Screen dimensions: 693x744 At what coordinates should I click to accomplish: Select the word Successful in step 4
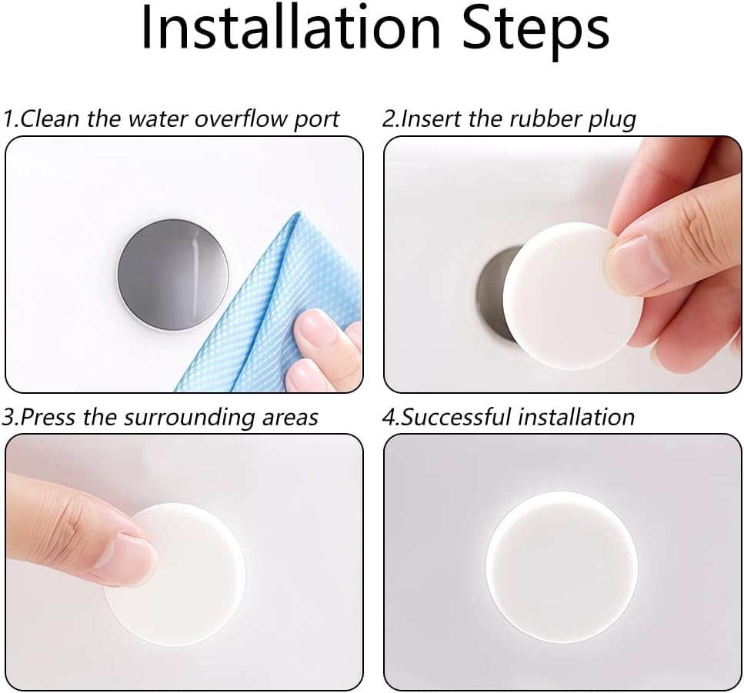tap(457, 417)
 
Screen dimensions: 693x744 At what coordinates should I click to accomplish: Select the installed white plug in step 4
tap(562, 567)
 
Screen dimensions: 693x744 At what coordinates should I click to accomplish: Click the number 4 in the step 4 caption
tap(389, 418)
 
